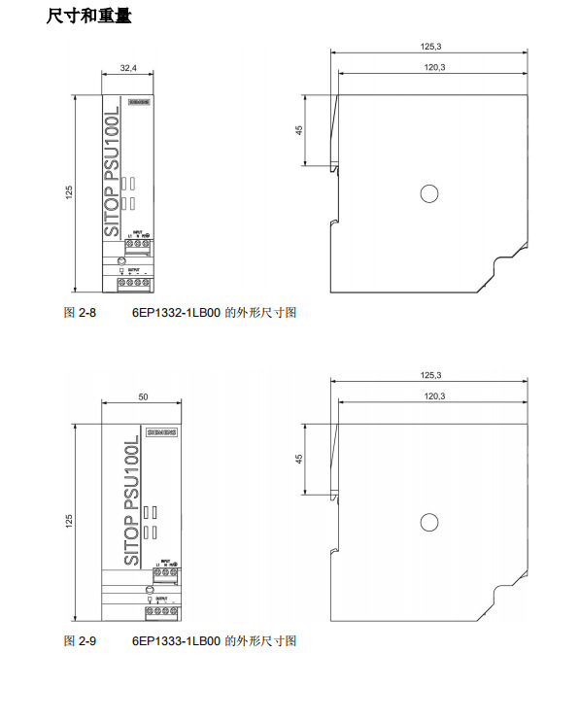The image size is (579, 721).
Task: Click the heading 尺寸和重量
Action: pyautogui.click(x=88, y=17)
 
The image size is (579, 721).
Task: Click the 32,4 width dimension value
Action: pyautogui.click(x=128, y=69)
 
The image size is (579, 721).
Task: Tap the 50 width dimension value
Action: pyautogui.click(x=143, y=396)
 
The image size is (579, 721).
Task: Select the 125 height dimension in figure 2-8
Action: pyautogui.click(x=69, y=193)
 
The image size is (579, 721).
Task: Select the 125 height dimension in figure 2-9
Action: pyautogui.click(x=69, y=522)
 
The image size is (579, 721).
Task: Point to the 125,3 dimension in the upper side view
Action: pyautogui.click(x=431, y=47)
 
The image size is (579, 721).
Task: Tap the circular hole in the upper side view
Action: pyautogui.click(x=428, y=193)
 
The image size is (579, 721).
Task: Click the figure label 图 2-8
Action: pyautogui.click(x=81, y=313)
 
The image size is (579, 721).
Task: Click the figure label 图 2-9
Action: pyautogui.click(x=81, y=641)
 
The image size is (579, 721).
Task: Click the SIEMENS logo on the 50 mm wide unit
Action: pyautogui.click(x=161, y=430)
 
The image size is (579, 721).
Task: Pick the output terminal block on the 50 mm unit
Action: pyautogui.click(x=161, y=612)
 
